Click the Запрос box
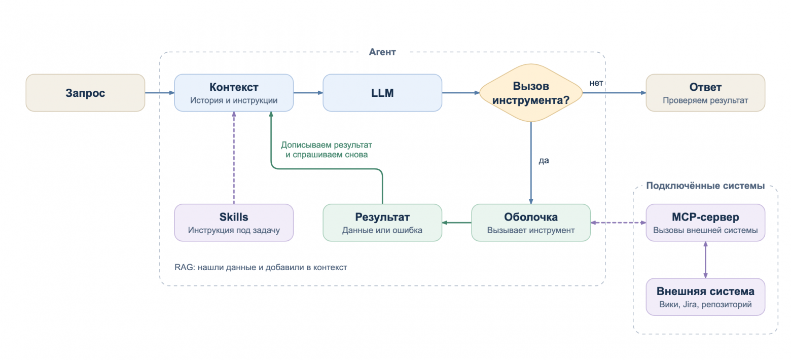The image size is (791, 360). click(85, 93)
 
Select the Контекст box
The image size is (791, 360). click(234, 93)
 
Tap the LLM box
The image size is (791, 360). click(382, 93)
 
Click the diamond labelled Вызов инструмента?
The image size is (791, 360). click(531, 93)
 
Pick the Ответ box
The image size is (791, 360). click(705, 93)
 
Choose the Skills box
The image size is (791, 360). click(234, 223)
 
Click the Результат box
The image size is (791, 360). click(382, 223)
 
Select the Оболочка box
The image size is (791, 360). click(531, 223)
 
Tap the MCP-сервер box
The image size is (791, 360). click(705, 223)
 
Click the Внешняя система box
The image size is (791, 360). click(705, 297)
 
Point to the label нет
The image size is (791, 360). click(596, 83)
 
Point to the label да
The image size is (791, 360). click(544, 161)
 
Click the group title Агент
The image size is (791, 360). click(382, 52)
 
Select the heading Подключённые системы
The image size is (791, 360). click(705, 186)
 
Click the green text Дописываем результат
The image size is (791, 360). click(327, 145)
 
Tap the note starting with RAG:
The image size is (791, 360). click(261, 267)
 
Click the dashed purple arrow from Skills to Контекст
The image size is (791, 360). click(234, 158)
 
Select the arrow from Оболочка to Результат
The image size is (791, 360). click(456, 223)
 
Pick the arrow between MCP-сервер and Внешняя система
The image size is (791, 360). click(705, 260)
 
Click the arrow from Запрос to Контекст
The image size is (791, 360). click(160, 93)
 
